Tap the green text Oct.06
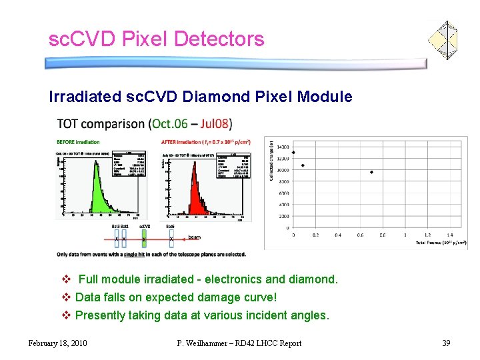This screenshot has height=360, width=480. click(171, 124)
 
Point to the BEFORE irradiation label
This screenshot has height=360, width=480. click(79, 141)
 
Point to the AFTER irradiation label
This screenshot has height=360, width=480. click(181, 141)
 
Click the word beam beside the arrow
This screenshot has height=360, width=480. click(194, 237)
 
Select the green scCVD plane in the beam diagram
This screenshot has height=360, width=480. click(145, 238)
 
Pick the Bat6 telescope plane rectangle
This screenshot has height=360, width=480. click(171, 238)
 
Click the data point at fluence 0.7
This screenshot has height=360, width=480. click(371, 172)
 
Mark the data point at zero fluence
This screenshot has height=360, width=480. click(293, 153)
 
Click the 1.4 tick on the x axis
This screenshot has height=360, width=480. click(450, 235)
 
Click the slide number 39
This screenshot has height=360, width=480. click(446, 343)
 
